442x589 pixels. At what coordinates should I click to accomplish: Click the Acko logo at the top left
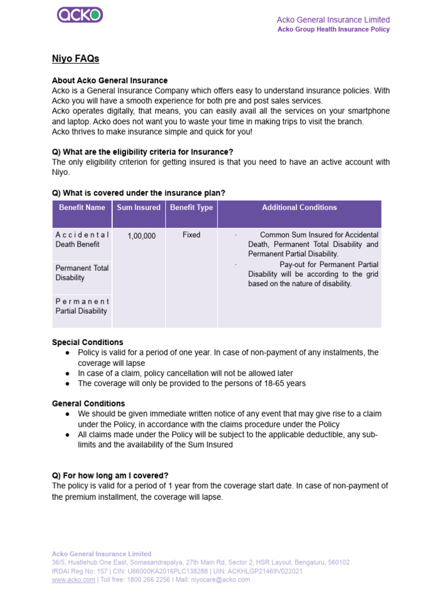click(x=80, y=14)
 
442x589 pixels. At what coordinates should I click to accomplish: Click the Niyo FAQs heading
click(x=75, y=59)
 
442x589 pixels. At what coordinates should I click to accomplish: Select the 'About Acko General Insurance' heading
click(x=110, y=81)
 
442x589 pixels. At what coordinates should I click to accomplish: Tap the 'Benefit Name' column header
click(x=82, y=208)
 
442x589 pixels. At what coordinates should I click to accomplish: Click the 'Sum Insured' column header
click(x=139, y=208)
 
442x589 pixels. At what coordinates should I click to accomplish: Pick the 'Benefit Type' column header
click(x=192, y=208)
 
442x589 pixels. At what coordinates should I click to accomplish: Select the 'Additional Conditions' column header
click(x=299, y=208)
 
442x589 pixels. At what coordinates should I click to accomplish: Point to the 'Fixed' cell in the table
click(x=192, y=235)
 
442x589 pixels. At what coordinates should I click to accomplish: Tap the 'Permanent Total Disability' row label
click(x=82, y=273)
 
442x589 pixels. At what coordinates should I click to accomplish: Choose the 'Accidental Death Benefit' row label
click(x=82, y=239)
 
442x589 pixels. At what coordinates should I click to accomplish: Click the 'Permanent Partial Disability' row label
click(x=82, y=306)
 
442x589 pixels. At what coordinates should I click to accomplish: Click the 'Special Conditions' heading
click(x=87, y=342)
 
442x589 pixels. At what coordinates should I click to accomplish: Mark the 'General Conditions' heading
click(x=88, y=404)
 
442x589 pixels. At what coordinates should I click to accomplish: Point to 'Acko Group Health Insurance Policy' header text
click(x=333, y=29)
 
